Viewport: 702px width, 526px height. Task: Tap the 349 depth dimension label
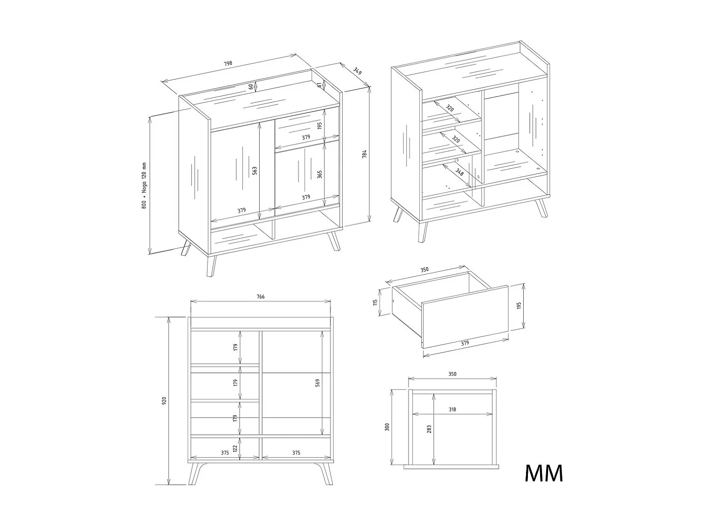click(357, 71)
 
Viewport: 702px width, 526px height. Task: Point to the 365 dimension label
click(320, 174)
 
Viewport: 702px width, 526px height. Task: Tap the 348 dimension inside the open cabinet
click(460, 172)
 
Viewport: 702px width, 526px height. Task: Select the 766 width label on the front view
click(260, 297)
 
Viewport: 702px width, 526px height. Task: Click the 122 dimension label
click(235, 448)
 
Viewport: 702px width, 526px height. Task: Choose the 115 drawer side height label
click(375, 302)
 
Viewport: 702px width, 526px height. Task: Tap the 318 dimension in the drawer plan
click(452, 410)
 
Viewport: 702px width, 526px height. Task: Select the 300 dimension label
click(387, 427)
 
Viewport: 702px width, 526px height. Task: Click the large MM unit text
click(543, 474)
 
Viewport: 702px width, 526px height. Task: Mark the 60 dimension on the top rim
click(251, 86)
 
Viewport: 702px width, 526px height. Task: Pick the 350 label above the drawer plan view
click(452, 374)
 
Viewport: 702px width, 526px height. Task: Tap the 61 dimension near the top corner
click(319, 85)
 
